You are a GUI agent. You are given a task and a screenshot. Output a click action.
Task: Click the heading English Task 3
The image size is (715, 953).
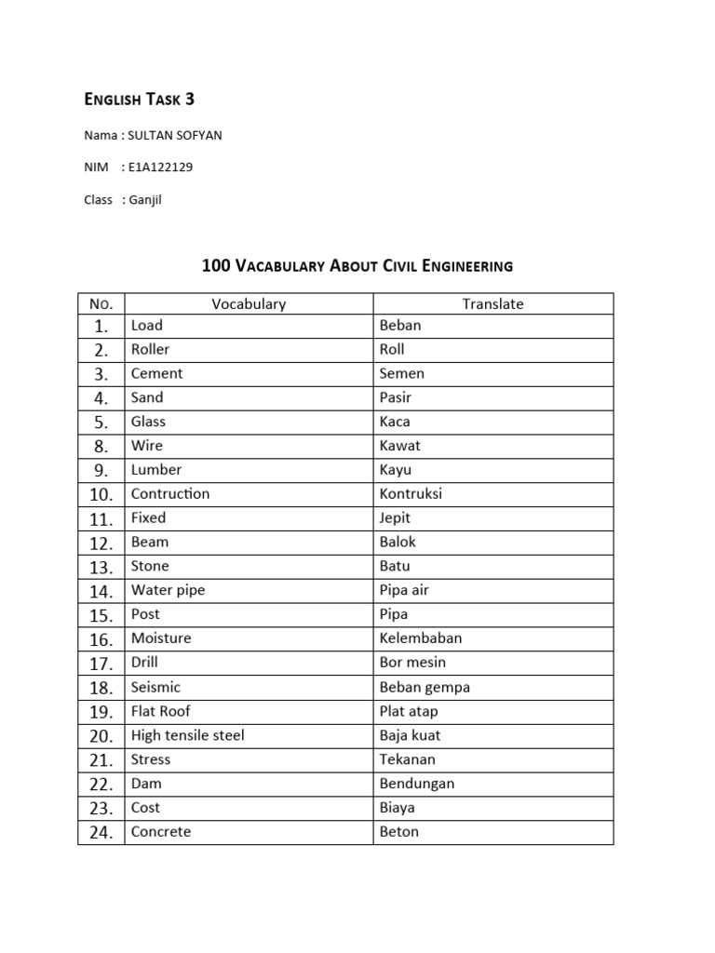pos(140,100)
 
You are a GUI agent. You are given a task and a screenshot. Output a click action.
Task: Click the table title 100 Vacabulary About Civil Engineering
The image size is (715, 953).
pos(357,266)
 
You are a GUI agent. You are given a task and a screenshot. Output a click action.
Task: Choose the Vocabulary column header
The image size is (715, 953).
pos(249,303)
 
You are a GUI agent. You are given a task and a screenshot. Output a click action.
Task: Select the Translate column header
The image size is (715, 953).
pos(492,303)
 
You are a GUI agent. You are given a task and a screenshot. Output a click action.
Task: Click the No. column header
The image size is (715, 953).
pos(101,303)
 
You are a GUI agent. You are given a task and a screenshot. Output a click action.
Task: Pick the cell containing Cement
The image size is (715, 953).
pos(156,373)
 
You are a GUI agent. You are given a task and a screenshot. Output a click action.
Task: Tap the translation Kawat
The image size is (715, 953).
pos(400,446)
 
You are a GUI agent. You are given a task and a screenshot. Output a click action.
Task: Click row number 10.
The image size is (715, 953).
pos(101,494)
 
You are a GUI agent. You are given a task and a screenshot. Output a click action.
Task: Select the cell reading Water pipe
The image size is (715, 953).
pos(168,590)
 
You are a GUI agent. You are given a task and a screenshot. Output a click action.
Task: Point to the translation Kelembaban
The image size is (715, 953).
pos(421,638)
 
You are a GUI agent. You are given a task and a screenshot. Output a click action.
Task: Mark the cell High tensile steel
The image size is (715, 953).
pos(187,735)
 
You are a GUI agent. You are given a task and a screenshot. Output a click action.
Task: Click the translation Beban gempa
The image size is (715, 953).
pos(425,687)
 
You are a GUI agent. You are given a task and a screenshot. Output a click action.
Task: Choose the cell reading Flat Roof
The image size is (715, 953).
pos(160,711)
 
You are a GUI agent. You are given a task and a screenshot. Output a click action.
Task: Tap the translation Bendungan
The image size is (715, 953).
pos(417,784)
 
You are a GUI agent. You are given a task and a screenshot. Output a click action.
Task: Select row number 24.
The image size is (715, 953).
pos(101,832)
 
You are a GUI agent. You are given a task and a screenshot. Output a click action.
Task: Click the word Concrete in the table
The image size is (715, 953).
pos(160,832)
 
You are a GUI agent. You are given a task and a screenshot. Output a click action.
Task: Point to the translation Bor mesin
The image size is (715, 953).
pos(412,663)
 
